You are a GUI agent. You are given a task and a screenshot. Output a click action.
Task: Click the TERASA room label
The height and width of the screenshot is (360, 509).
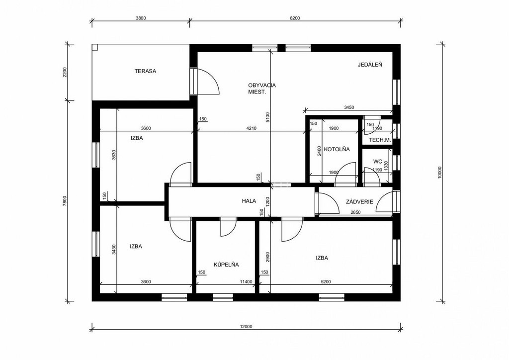coord(146,71)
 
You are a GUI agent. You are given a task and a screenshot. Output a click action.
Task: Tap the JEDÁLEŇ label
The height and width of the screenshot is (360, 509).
coord(370,65)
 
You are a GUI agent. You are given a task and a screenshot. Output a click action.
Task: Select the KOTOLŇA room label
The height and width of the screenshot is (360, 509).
coord(337,149)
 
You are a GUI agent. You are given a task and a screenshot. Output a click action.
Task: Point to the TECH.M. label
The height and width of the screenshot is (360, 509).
coord(380,140)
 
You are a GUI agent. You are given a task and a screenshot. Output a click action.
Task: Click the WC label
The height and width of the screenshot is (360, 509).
coord(378,161)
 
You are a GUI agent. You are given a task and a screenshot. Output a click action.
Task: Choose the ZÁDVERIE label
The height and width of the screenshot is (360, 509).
coord(359,201)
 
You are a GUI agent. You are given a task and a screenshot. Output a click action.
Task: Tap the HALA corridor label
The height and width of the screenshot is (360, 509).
coord(249,201)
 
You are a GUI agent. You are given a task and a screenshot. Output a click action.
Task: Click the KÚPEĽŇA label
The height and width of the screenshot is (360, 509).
coord(226,265)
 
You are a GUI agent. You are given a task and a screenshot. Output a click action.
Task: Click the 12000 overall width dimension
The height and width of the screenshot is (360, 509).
coord(247,327)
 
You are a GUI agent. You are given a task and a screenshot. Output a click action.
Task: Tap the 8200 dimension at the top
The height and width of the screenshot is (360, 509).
coord(295,18)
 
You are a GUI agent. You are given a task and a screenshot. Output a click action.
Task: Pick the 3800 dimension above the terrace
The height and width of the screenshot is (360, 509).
coord(141,18)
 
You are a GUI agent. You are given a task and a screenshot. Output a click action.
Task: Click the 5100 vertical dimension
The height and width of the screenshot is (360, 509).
coord(267,117)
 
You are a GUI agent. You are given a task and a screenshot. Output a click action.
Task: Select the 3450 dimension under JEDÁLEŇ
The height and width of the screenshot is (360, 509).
coord(349,107)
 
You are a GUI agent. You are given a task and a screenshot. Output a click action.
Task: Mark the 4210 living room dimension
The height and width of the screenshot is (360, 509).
coord(251,128)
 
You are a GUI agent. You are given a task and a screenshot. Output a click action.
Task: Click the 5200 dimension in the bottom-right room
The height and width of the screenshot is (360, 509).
coord(326,282)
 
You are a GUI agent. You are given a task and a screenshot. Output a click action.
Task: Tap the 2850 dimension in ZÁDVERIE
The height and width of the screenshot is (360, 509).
coord(355,212)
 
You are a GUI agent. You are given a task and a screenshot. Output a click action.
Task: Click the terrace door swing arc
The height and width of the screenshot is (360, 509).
coord(213,78)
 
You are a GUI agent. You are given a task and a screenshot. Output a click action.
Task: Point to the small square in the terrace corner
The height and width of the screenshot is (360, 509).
coord(94,47)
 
